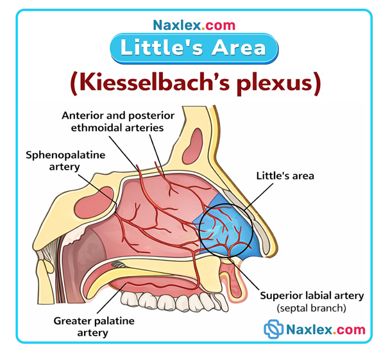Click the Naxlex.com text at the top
coord(194,26)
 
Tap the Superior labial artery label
coord(312,296)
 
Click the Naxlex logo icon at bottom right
coord(274,330)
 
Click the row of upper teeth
coord(173,299)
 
